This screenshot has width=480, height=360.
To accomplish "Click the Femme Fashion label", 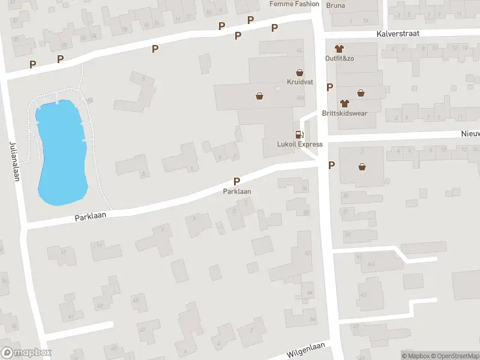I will pos(295,4).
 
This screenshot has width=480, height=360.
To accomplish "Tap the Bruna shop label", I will pos(336,6).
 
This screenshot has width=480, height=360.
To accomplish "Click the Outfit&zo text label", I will pos(340,58).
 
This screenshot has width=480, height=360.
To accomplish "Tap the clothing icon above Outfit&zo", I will pos(340,48).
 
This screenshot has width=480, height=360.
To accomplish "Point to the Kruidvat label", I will pos(299,82).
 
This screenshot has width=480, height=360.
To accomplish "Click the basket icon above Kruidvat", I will pos(299,71).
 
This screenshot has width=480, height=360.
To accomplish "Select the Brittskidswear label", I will pos(344,113).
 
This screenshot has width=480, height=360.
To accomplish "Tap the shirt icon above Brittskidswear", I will pos(344,103).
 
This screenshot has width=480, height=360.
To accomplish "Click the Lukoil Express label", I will pos(300,144).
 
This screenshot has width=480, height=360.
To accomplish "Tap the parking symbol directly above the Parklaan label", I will pos(237,181).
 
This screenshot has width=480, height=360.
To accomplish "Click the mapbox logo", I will pos(26,353).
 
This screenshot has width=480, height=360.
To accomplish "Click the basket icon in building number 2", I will pos(362,166).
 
